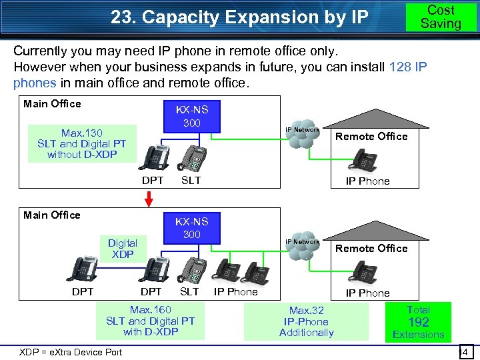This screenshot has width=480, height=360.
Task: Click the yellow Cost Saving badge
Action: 441,17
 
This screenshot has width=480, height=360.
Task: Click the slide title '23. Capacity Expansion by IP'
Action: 239,17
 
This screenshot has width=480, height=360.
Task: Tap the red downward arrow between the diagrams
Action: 149,199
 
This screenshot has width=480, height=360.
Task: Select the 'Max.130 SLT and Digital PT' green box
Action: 82,143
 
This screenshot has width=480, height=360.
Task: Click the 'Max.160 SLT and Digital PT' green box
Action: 150,320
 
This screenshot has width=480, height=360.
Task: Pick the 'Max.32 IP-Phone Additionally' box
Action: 306,321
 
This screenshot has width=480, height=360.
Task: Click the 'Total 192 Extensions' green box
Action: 418,322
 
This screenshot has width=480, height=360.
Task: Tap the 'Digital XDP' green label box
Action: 123,249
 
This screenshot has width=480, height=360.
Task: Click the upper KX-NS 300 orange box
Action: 191,117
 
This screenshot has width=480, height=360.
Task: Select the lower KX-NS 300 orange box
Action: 191,228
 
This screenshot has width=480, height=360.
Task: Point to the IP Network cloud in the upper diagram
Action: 303,136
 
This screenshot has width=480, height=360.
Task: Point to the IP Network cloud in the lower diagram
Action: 303,248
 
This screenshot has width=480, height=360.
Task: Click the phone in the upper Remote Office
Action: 366,159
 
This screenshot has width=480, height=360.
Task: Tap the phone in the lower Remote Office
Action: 366,271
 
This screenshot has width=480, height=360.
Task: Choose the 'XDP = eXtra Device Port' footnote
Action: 71,352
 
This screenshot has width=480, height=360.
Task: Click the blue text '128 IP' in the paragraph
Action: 406,67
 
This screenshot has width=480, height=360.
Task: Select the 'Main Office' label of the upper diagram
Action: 52,103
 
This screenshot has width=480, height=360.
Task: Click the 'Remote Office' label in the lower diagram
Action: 371,248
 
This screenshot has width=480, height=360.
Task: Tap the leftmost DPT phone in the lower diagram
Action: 83,269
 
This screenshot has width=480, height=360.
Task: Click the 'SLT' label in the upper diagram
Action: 191,181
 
